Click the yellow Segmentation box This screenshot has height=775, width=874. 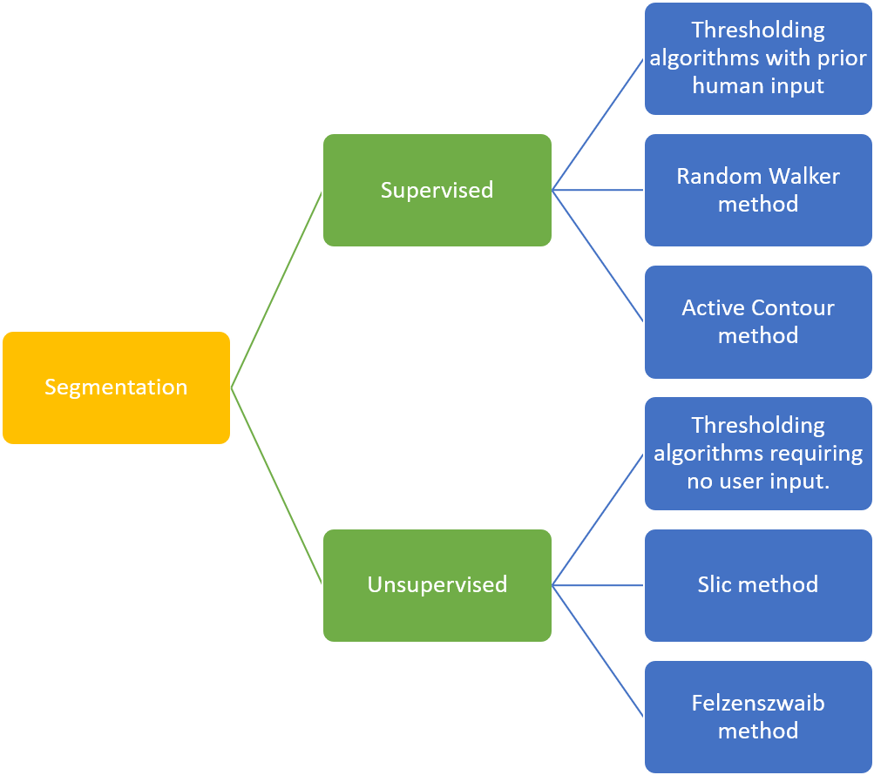pos(116,387)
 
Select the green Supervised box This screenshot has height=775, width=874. pos(437,190)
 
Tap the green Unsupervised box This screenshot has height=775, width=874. pos(437,584)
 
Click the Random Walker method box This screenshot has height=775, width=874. pos(758,190)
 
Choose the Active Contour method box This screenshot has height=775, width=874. pos(758,321)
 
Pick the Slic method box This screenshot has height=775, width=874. pos(758,584)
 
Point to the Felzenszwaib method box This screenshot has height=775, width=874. pos(758,716)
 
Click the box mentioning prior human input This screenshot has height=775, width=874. pos(758,58)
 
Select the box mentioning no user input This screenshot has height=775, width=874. pos(758,453)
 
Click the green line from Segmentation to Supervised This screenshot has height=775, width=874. pos(276,289)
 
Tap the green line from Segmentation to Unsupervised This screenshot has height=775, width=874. pos(276,486)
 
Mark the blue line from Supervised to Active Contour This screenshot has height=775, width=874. pos(598,255)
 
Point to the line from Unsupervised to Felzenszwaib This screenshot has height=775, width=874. pos(598,650)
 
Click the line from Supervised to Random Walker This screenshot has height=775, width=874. pos(598,190)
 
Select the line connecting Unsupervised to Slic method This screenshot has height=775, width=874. pos(598,585)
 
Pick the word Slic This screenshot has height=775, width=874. pos(714,584)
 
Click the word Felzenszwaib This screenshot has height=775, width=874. pos(758,703)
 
